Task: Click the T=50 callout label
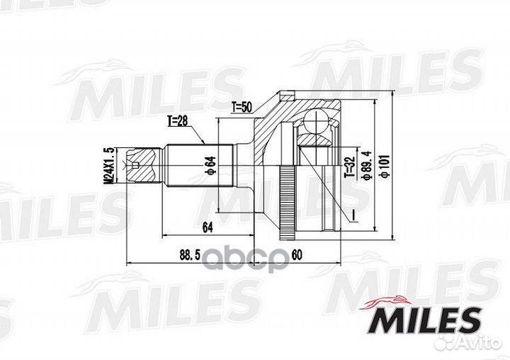242,108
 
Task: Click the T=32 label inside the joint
348,166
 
